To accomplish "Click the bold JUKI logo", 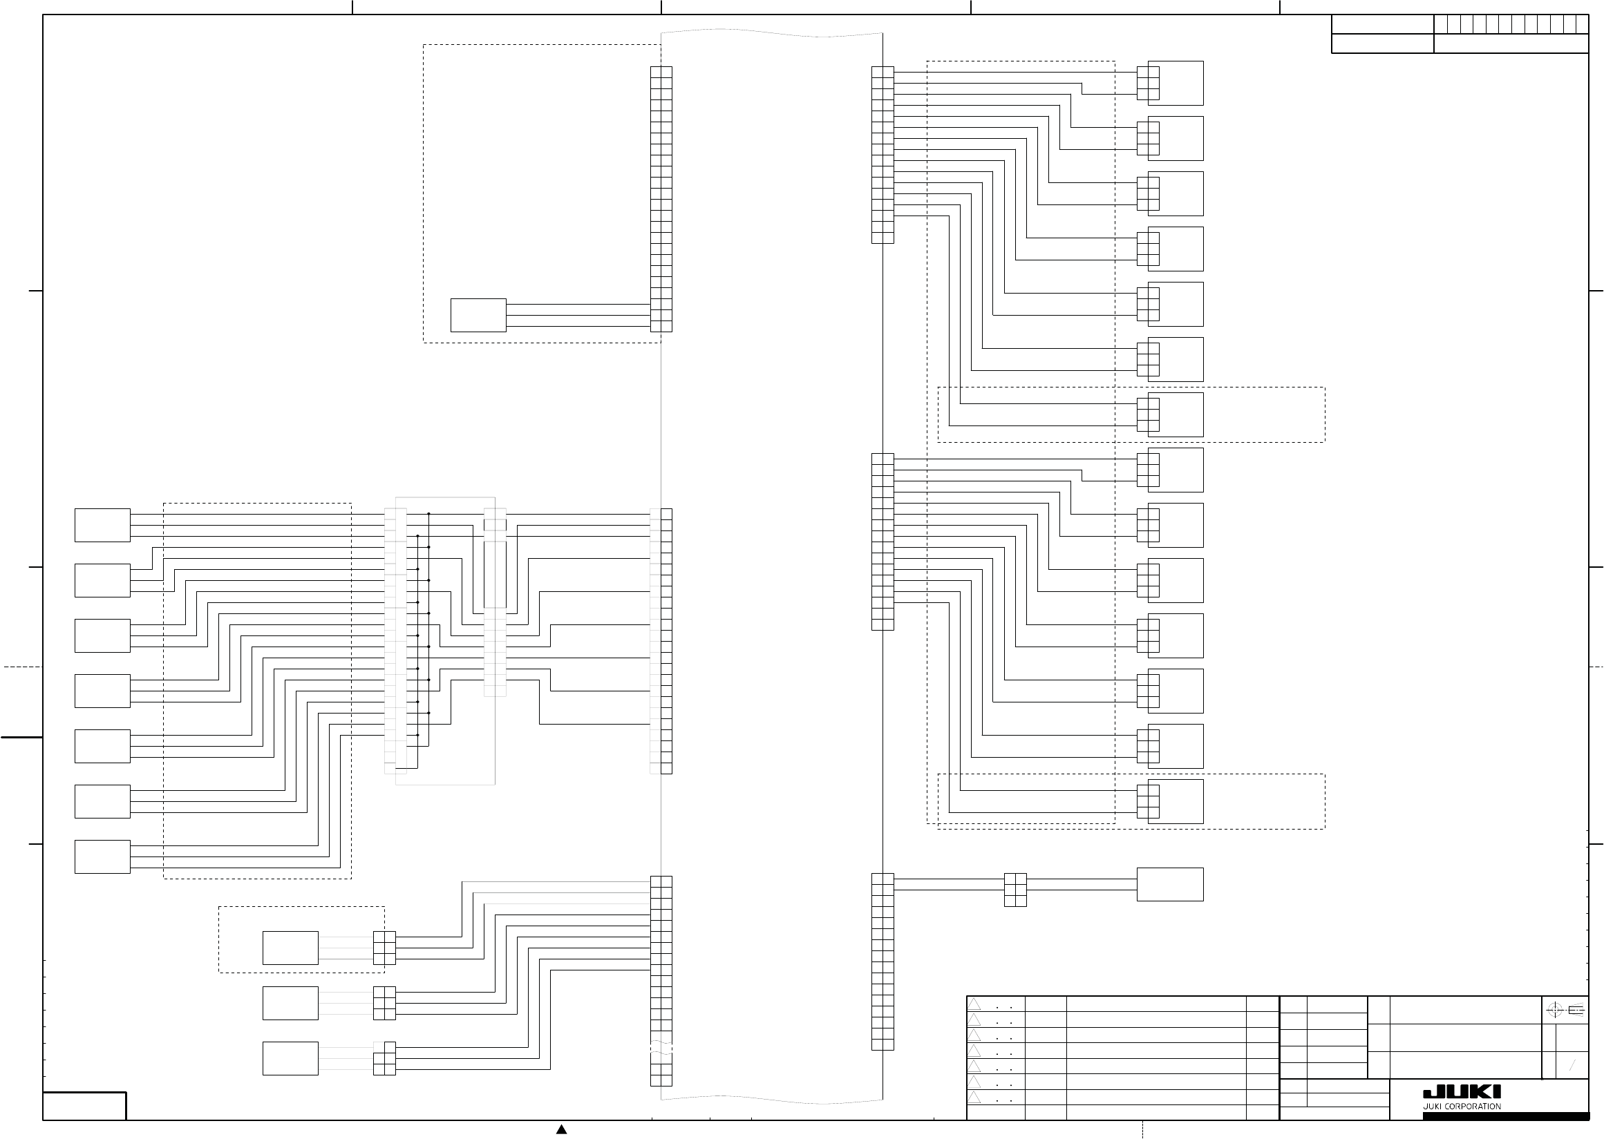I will click(x=1462, y=1092).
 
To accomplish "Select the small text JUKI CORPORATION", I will click(x=1462, y=1106).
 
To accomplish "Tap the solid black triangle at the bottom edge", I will click(x=561, y=1129).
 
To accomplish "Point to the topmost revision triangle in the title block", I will click(x=974, y=1004).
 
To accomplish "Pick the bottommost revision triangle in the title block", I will click(x=974, y=1097).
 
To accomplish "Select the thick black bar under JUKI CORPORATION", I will click(x=1505, y=1116).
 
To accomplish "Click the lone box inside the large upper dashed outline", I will click(x=478, y=315).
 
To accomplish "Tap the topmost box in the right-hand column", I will click(x=1176, y=83).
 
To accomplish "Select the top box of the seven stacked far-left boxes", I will click(x=102, y=525).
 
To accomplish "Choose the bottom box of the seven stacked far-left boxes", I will click(x=102, y=856).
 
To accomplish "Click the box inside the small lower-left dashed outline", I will click(x=290, y=948).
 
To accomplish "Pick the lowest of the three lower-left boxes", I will click(x=290, y=1057).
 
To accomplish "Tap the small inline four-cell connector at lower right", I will click(x=1015, y=890).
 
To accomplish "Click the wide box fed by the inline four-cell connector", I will click(x=1170, y=883).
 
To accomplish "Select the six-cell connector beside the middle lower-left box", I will click(x=384, y=1003).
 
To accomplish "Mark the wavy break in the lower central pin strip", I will click(x=661, y=1048).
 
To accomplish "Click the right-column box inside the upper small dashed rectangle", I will click(x=1176, y=414).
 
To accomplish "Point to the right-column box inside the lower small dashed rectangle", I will click(x=1176, y=801).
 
